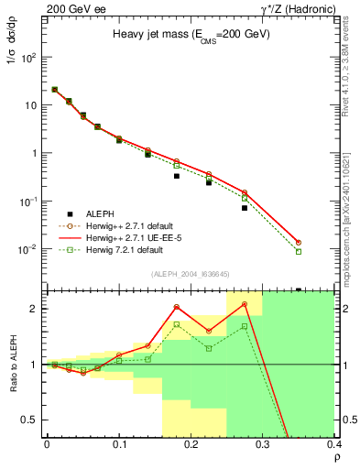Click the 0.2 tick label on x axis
tap(191, 444)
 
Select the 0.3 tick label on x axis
tap(263, 444)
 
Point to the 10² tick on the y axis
tap(31, 57)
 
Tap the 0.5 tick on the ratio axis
tap(32, 420)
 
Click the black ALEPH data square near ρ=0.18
tap(177, 176)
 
